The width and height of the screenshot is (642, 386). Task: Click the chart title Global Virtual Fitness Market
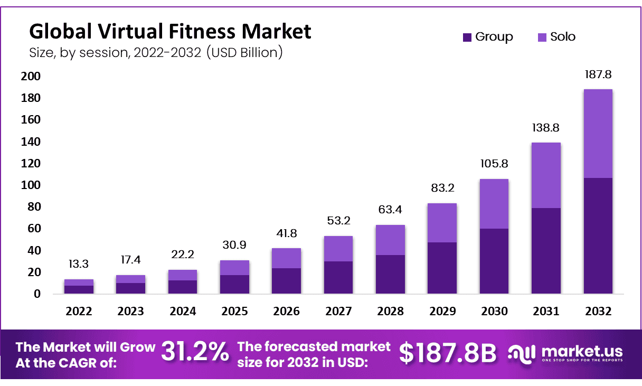[x=170, y=32]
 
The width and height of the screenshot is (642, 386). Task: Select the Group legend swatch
[x=467, y=37]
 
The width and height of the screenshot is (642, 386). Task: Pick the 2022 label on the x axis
[x=79, y=311]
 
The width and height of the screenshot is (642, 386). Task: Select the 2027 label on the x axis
[x=338, y=311]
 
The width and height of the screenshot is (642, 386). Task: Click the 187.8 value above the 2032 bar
[x=598, y=74]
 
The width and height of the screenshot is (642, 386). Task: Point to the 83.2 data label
[x=442, y=188]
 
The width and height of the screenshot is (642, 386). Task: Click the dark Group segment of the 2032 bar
[x=598, y=236]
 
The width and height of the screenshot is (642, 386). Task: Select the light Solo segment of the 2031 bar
[x=546, y=175]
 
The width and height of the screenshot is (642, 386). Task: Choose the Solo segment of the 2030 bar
[x=494, y=204]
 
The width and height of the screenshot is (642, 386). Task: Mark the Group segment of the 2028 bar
[x=390, y=274]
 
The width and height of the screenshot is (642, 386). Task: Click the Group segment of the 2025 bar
[x=234, y=284]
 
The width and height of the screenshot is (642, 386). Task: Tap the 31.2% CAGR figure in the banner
[x=195, y=353]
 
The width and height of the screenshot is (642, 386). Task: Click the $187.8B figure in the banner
[x=447, y=353]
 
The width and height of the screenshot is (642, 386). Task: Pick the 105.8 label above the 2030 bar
[x=494, y=164]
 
